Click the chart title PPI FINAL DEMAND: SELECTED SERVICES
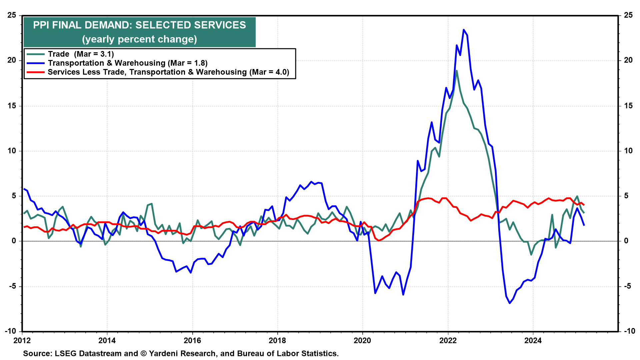coord(139,25)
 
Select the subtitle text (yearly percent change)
coord(139,39)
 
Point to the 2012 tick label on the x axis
coord(22,340)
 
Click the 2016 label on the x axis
coord(192,340)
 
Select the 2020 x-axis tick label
coord(362,340)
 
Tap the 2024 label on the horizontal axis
coord(533,340)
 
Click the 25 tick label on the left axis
coord(12,15)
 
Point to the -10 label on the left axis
coord(11,331)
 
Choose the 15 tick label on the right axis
coord(628,106)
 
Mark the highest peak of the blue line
coord(464,30)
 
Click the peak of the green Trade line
coord(456,71)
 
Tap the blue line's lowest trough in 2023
coord(510,303)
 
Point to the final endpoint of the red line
coord(584,205)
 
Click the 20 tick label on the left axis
coord(12,60)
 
